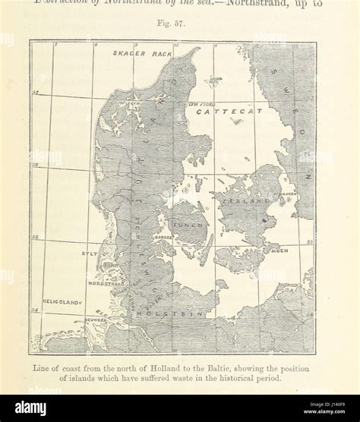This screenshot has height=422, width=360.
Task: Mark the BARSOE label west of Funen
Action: pyautogui.click(x=163, y=237)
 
